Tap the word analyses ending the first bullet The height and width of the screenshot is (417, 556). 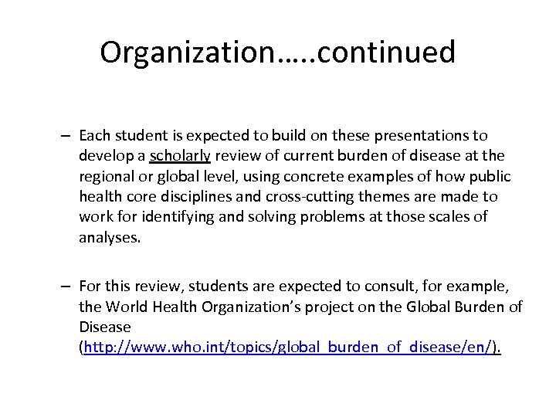point(110,238)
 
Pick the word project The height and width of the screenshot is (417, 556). point(347,308)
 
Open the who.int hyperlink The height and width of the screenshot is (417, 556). point(288,348)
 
